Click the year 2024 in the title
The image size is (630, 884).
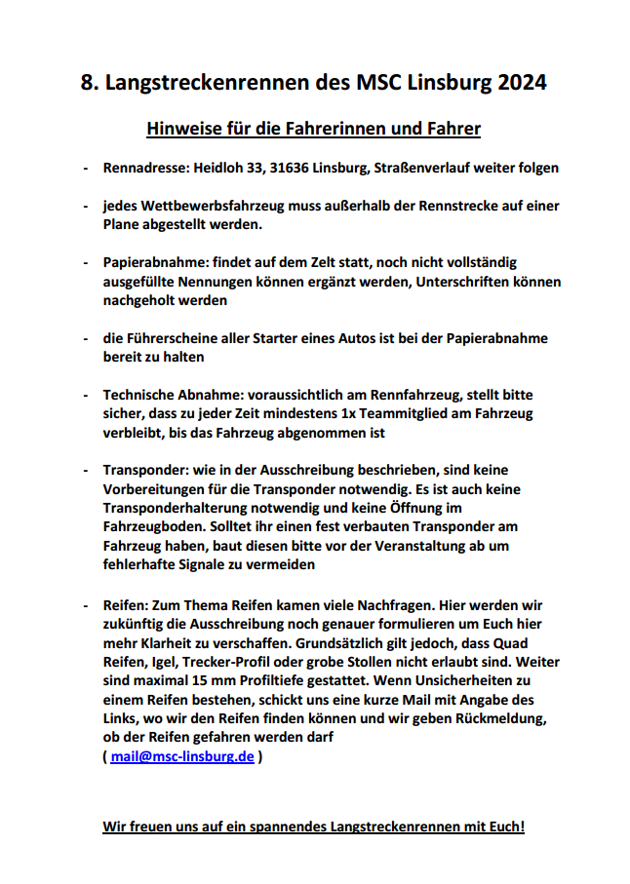[x=522, y=82]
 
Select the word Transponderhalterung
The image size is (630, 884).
[x=183, y=508]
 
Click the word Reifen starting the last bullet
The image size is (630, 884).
[x=125, y=604]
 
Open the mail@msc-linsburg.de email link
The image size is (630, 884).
[x=182, y=755]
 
